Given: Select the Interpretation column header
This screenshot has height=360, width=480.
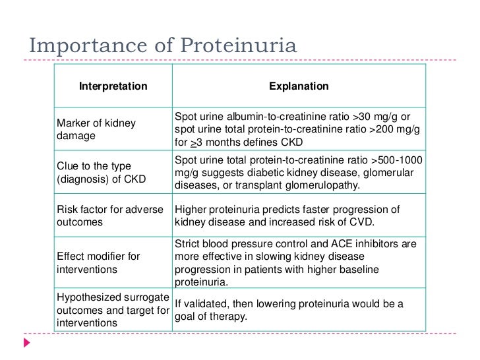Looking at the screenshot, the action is [x=113, y=86].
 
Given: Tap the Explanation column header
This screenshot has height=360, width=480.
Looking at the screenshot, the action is [x=299, y=86].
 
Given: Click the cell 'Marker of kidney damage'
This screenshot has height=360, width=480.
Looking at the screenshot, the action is [x=96, y=129].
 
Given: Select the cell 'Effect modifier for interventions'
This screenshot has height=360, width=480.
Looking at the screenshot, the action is [x=99, y=263].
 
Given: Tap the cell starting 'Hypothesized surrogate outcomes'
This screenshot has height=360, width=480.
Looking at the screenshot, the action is [x=113, y=310].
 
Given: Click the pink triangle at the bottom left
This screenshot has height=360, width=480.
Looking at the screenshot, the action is [x=27, y=344].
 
